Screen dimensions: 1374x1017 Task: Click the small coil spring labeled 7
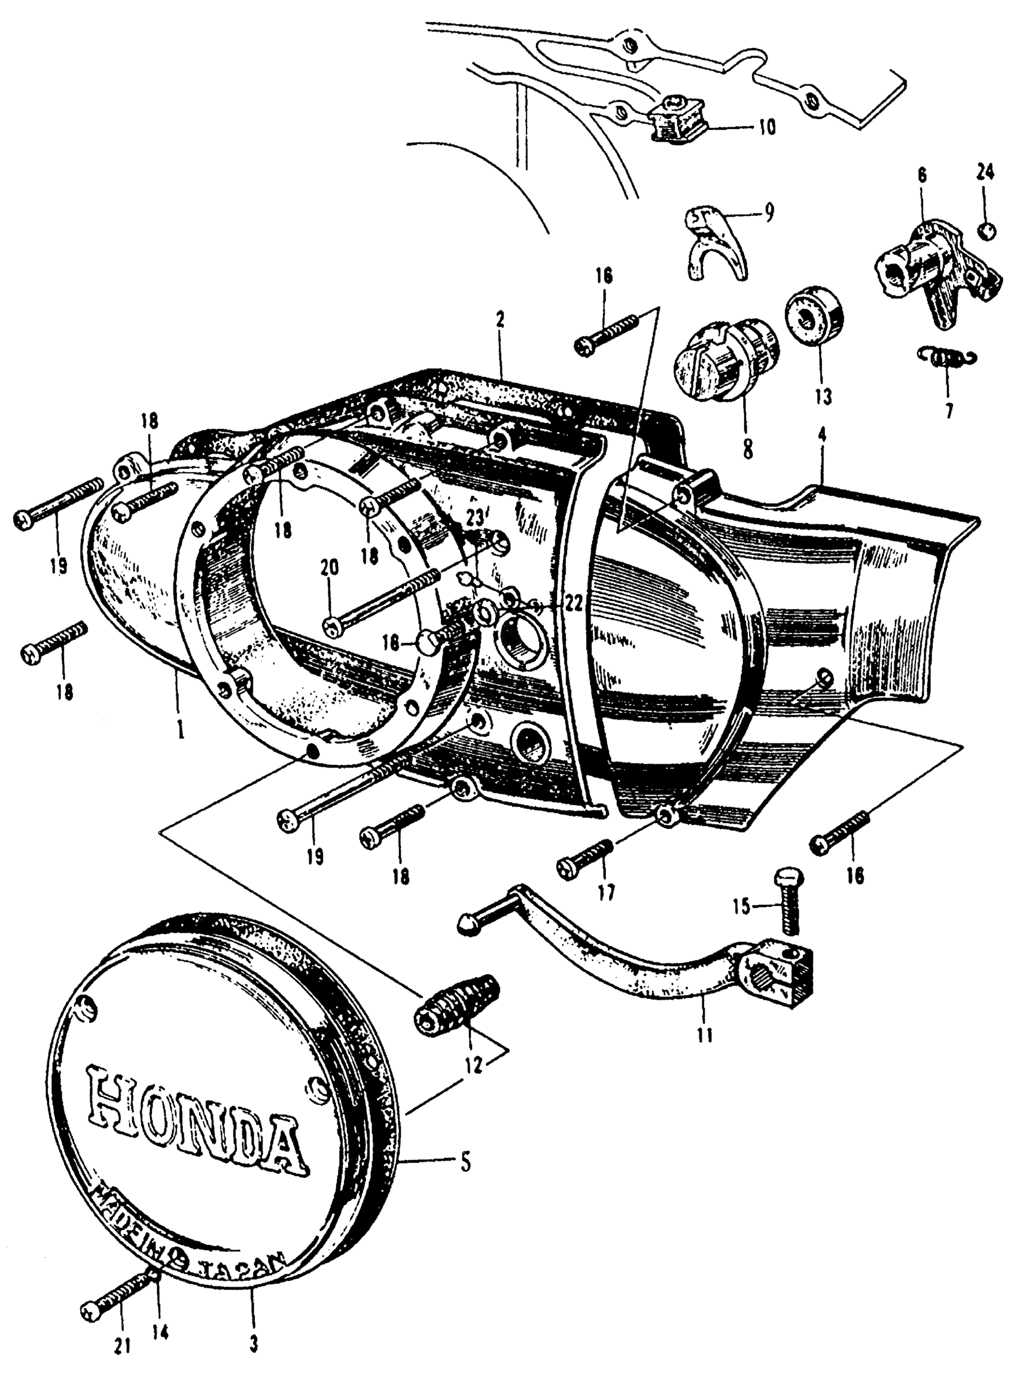pyautogui.click(x=946, y=357)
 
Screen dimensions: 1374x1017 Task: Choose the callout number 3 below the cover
pyautogui.click(x=253, y=1345)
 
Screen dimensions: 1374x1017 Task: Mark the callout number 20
pyautogui.click(x=330, y=568)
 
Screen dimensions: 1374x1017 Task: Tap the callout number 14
pyautogui.click(x=162, y=1334)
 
